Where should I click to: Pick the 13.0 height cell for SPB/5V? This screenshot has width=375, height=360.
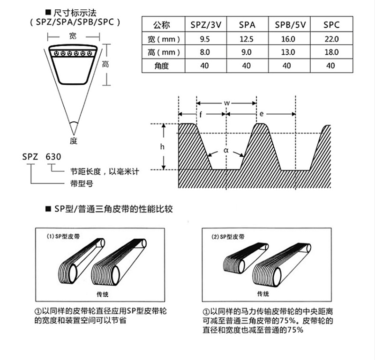click(289, 52)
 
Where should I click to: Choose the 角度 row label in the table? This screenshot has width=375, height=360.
click(161, 66)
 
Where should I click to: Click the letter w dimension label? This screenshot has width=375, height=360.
click(226, 103)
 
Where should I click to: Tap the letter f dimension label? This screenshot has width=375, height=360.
click(201, 113)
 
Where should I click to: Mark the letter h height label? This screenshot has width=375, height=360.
click(162, 147)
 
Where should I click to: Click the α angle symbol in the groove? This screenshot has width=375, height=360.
click(225, 151)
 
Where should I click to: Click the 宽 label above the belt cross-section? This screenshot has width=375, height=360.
click(73, 36)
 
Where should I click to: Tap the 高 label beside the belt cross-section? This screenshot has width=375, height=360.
click(106, 64)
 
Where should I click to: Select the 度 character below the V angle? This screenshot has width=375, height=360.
click(73, 140)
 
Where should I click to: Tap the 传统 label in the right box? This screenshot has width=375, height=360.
click(263, 294)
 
